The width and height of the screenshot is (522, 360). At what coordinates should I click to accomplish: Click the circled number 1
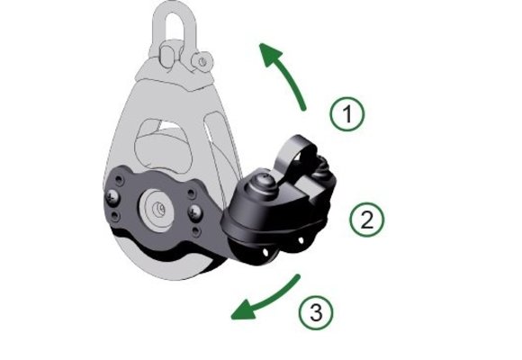tap(347, 114)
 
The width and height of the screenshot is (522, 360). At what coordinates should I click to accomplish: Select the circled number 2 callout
tap(367, 220)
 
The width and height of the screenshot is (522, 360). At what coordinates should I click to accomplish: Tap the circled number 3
tap(316, 312)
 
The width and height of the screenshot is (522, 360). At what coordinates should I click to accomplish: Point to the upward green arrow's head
tap(270, 55)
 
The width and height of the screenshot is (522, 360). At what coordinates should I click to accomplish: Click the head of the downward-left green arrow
tap(243, 310)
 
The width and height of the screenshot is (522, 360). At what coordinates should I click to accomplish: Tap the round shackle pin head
tap(202, 61)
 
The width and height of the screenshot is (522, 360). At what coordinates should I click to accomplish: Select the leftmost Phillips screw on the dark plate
tap(112, 197)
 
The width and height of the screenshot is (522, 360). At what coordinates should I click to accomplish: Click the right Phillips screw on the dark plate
tap(195, 212)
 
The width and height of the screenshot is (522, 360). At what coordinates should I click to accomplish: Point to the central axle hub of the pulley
tap(157, 210)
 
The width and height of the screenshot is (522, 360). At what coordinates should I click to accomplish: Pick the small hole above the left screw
tap(119, 181)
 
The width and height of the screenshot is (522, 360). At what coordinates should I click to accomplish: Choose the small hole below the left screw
tap(115, 217)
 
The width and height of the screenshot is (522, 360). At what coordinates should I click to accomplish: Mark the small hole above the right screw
tap(192, 193)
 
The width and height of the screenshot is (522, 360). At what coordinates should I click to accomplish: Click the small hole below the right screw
tap(197, 231)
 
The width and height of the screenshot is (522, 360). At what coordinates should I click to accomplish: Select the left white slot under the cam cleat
tap(265, 253)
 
